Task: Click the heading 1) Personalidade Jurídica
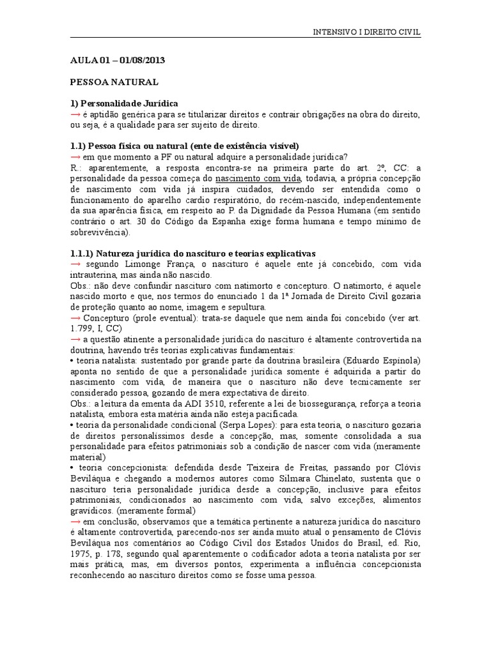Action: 124,103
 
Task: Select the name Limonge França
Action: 150,265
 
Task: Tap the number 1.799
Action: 82,330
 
